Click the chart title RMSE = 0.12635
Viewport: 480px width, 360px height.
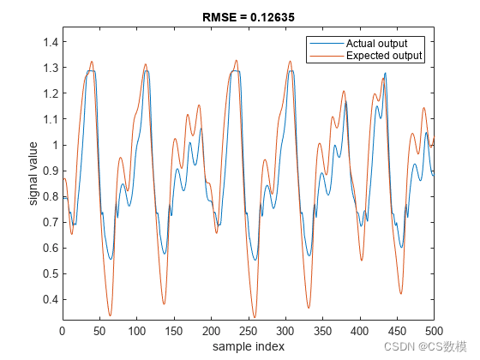click(249, 17)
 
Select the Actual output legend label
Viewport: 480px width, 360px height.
click(376, 44)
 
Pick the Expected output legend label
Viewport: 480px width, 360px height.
click(384, 56)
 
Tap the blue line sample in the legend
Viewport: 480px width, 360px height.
click(327, 44)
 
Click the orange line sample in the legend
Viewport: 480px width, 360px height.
click(327, 56)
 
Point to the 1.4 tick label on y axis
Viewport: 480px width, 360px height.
click(51, 42)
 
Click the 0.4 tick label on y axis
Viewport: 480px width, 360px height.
click(51, 300)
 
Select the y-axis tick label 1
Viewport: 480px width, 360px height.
click(55, 145)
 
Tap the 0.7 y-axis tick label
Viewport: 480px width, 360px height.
click(51, 222)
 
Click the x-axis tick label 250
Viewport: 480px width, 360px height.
click(249, 331)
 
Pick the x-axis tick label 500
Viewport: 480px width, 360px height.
click(434, 331)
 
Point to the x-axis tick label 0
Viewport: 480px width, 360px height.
click(63, 331)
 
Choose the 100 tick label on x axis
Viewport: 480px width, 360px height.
click(137, 331)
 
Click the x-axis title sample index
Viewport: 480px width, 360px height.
click(249, 346)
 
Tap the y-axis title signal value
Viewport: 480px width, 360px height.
click(33, 173)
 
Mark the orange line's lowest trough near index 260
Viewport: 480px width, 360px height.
click(255, 317)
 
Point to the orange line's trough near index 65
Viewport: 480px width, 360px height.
click(111, 315)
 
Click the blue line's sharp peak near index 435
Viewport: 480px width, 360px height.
click(385, 73)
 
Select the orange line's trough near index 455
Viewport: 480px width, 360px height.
click(401, 294)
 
